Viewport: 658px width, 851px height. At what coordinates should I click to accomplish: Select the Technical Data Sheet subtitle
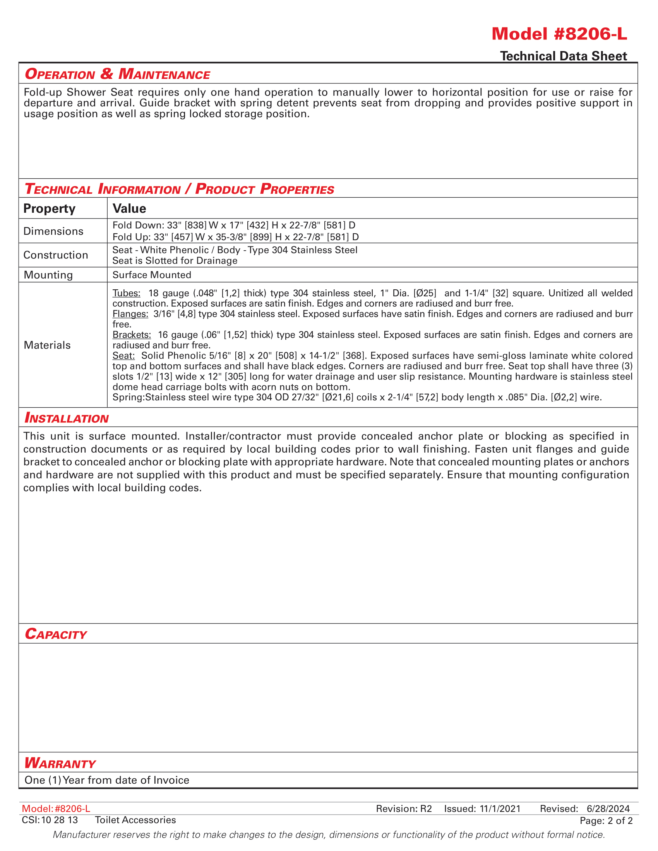tap(563, 56)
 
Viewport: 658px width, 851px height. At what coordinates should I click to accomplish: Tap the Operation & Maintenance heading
tap(117, 73)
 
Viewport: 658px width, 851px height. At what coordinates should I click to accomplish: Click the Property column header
tap(49, 208)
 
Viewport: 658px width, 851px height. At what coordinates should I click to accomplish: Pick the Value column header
tap(129, 208)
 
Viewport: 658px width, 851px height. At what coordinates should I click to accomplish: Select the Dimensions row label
tap(53, 231)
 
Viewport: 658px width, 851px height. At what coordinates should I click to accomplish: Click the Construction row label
tap(56, 255)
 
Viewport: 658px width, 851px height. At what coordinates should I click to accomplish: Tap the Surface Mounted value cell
tap(152, 275)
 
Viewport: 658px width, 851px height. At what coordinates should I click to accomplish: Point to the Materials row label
tap(47, 345)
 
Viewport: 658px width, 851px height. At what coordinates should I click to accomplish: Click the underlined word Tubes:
tap(126, 293)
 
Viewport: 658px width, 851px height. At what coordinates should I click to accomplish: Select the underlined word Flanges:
tap(130, 314)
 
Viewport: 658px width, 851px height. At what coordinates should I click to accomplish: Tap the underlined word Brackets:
tap(132, 335)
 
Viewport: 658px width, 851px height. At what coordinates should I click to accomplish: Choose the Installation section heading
tap(67, 418)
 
